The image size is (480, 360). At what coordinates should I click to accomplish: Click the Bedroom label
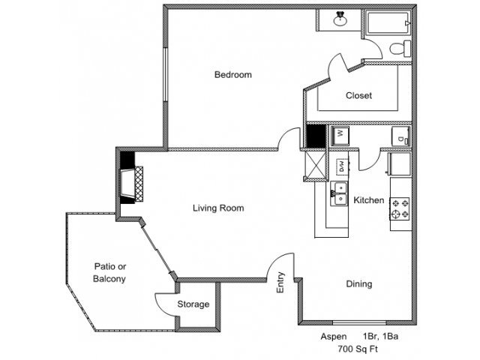coord(232,75)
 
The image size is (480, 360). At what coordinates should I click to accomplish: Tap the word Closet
coord(358,96)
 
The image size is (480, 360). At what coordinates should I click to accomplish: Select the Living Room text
coord(218,208)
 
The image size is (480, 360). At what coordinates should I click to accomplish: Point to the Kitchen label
coord(369,201)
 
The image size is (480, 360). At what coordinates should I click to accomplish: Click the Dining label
coord(358,284)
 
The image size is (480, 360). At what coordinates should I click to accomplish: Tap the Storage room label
coord(193,304)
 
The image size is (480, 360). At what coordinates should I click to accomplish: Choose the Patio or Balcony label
coord(109,272)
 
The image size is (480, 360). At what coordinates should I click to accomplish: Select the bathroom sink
coord(340,19)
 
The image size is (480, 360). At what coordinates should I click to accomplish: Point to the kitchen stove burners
coord(399,208)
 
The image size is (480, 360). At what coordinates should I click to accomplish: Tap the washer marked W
coord(340,136)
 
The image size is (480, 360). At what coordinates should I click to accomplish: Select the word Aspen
coord(334,337)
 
